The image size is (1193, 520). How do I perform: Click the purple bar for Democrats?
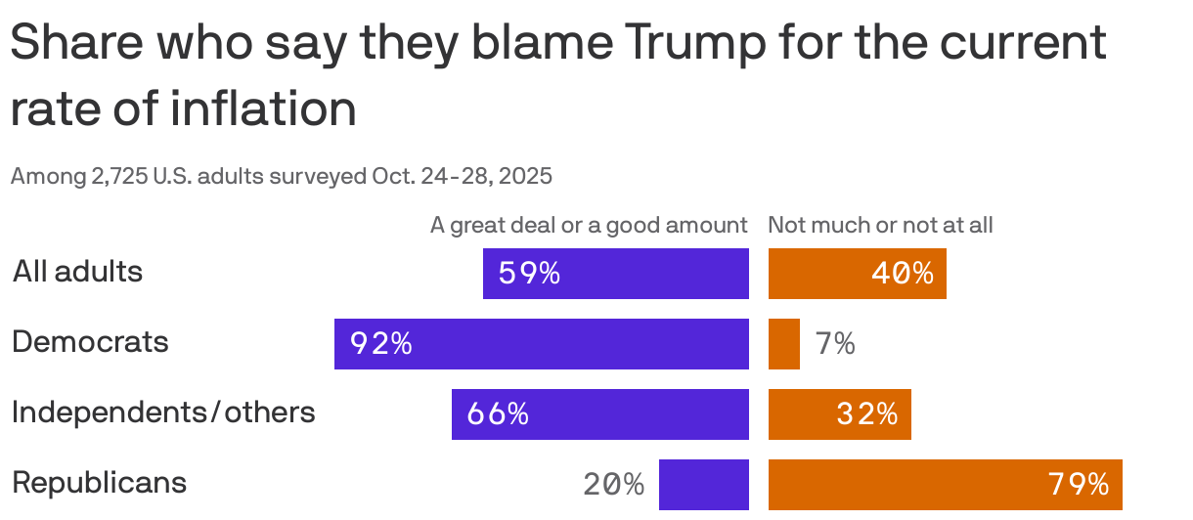(x=542, y=344)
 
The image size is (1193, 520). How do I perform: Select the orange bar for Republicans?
(x=945, y=485)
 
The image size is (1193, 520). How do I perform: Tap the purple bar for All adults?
(x=616, y=274)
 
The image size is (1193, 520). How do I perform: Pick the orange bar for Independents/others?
(x=839, y=414)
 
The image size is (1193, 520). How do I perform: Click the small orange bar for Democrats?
(x=783, y=344)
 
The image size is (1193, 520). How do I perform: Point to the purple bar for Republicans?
(x=704, y=485)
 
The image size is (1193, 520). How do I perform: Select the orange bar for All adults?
(x=857, y=274)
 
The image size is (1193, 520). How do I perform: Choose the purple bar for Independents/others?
(x=600, y=414)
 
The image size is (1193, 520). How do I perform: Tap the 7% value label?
(x=835, y=344)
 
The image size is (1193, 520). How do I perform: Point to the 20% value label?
(x=613, y=485)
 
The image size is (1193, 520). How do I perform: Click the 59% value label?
(x=529, y=274)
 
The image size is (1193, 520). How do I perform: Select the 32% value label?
(x=866, y=414)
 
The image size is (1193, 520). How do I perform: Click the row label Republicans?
(x=99, y=483)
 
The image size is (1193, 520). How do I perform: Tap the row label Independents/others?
(x=163, y=412)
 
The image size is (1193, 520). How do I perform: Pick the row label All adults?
(x=77, y=272)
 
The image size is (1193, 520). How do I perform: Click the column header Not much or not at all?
(x=880, y=226)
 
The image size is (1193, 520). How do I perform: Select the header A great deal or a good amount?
(x=589, y=226)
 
